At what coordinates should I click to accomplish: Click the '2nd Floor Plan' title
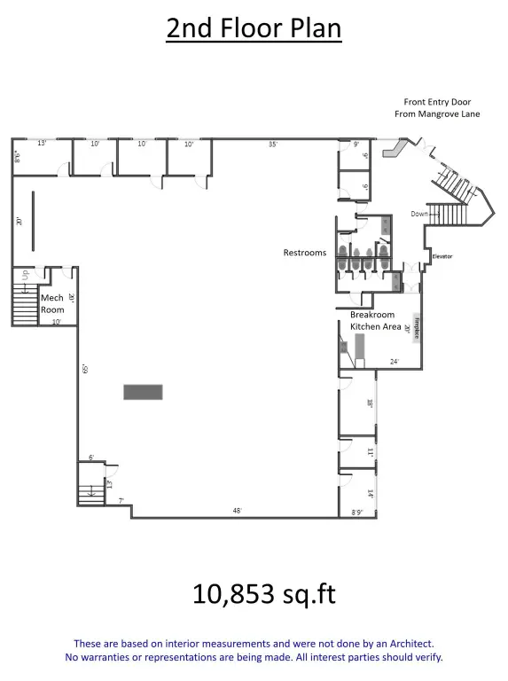coord(254,28)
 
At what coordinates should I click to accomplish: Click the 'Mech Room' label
coord(51,303)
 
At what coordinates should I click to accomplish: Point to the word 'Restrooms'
coord(304,253)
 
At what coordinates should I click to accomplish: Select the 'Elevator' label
coord(442,256)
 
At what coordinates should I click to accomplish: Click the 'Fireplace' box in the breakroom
coord(415,327)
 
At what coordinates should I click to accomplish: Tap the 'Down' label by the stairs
coord(419,214)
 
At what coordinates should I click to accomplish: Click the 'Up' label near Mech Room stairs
coord(27,275)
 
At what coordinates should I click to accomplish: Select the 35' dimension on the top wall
coord(275,143)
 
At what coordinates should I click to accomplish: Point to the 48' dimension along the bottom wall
coord(237,511)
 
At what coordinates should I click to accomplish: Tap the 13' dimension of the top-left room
coord(42,143)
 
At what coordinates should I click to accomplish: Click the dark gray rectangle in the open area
coord(143,391)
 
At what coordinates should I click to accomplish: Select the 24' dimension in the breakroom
coord(394,361)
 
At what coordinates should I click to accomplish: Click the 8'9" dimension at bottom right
coord(358,512)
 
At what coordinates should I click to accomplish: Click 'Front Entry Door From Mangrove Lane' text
coord(437,108)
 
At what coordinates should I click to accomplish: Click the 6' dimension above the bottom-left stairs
coord(90,458)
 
